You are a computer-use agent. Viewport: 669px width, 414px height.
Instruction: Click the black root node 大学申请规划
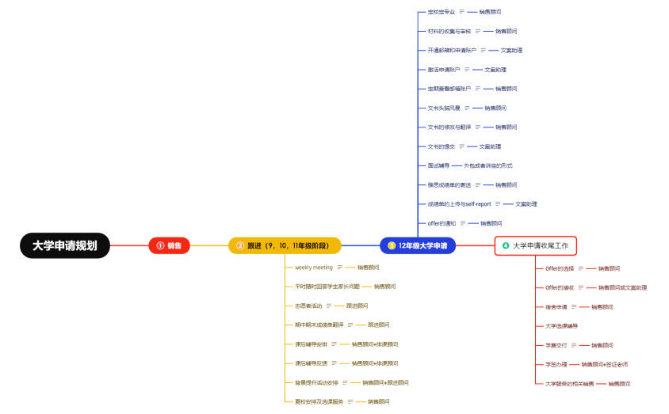coord(65,245)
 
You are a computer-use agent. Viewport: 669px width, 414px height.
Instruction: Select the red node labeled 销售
coord(169,245)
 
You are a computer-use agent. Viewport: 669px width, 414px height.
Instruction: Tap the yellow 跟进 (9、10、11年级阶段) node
coord(285,245)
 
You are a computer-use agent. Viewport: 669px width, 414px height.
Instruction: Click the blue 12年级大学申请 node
coord(417,245)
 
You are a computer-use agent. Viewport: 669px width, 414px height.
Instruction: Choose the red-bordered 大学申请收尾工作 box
coord(535,245)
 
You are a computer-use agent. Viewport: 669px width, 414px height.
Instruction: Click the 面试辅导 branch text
coord(438,165)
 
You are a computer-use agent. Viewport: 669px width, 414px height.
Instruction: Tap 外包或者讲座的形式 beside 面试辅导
coord(488,165)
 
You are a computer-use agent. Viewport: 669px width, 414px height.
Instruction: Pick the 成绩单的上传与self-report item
coord(459,204)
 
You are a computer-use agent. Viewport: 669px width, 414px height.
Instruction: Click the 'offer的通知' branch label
coord(441,223)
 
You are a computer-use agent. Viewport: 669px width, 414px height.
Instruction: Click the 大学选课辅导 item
coord(561,326)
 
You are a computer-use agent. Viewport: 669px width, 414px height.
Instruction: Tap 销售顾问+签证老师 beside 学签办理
coord(604,364)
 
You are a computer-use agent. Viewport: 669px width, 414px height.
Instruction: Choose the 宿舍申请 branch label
coord(556,307)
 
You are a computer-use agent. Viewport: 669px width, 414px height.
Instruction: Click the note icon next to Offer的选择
coord(582,268)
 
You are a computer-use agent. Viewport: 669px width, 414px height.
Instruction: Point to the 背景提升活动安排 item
coord(316,382)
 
